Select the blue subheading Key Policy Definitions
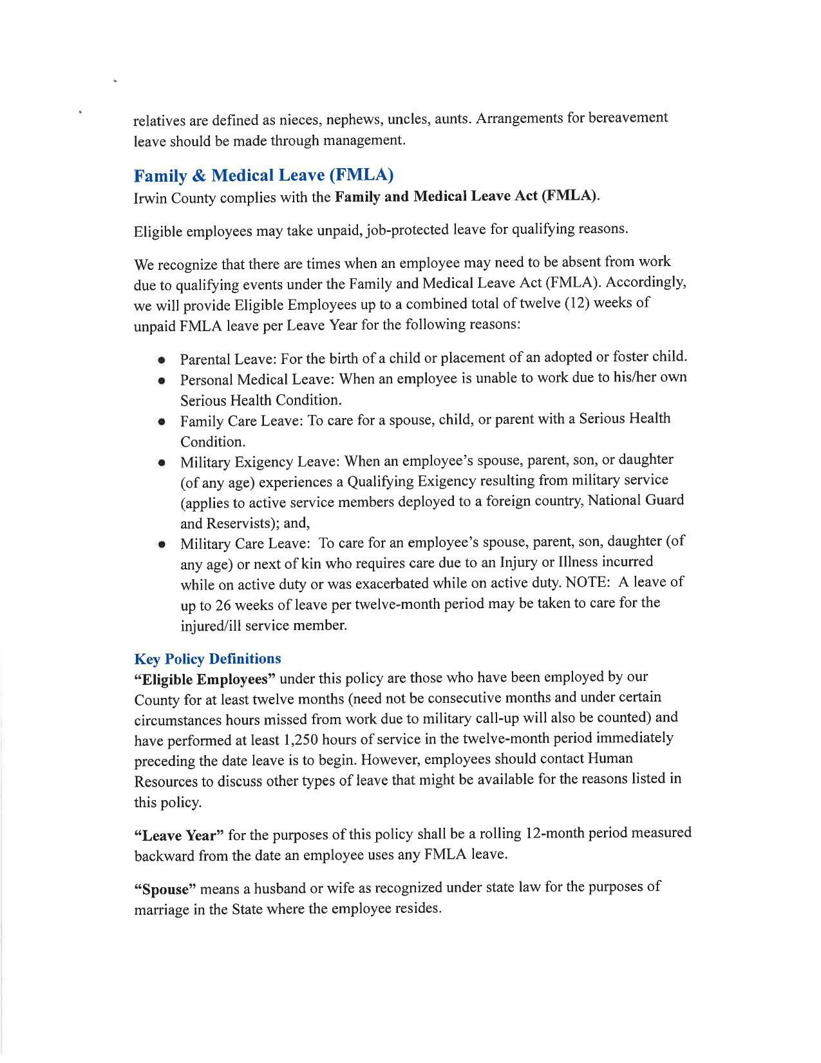[x=207, y=659]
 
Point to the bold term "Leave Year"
[x=178, y=836]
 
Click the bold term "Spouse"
[x=165, y=890]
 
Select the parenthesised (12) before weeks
[x=576, y=303]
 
